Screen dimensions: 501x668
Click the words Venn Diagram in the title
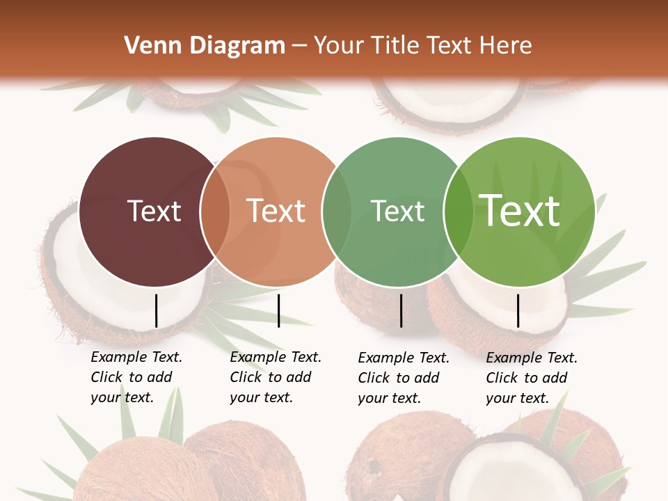(x=205, y=46)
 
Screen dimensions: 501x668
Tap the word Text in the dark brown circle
(x=154, y=211)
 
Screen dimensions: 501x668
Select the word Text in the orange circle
(x=276, y=211)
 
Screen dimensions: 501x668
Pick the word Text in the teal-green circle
(x=397, y=211)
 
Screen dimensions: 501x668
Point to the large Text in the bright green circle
(x=520, y=211)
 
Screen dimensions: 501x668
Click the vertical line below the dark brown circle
(x=157, y=310)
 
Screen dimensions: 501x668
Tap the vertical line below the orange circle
(x=278, y=310)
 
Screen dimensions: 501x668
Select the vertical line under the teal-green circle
(x=401, y=310)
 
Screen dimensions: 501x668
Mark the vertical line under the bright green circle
(x=518, y=310)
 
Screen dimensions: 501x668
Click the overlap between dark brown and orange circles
(x=216, y=211)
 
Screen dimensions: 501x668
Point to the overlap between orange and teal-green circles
(x=337, y=211)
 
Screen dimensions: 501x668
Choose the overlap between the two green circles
(x=458, y=211)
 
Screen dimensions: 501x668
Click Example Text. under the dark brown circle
(x=136, y=357)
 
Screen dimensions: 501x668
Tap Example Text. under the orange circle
(x=276, y=357)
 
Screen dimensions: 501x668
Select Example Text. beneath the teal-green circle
(x=404, y=358)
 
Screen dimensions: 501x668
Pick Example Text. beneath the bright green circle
(x=532, y=358)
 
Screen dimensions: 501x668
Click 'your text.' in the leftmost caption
(x=122, y=397)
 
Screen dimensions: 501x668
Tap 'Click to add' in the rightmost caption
(x=527, y=378)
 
